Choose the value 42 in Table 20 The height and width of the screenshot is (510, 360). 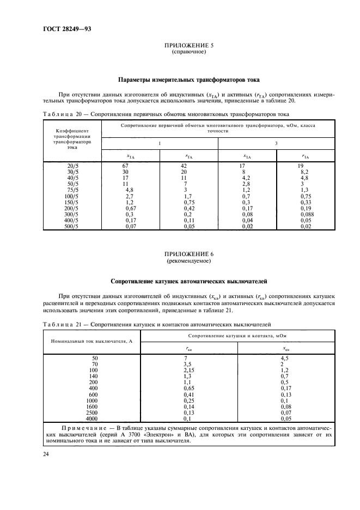184,165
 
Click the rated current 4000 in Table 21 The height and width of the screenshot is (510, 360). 91,418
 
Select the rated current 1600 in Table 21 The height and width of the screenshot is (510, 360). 91,406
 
